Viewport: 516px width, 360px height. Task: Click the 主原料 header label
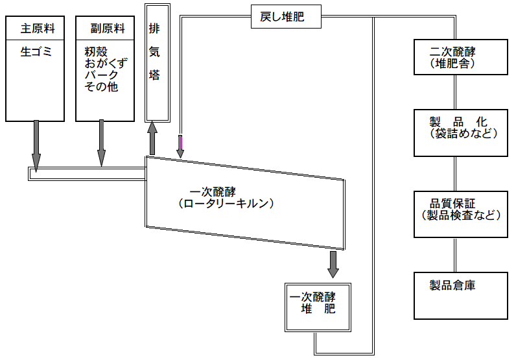point(36,29)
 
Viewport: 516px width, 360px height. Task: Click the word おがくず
point(107,64)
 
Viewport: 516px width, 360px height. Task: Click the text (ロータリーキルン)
point(226,204)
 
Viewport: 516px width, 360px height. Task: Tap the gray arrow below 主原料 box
point(36,145)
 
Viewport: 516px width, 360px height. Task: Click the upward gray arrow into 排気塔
point(152,138)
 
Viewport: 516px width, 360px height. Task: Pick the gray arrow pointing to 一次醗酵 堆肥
point(333,263)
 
